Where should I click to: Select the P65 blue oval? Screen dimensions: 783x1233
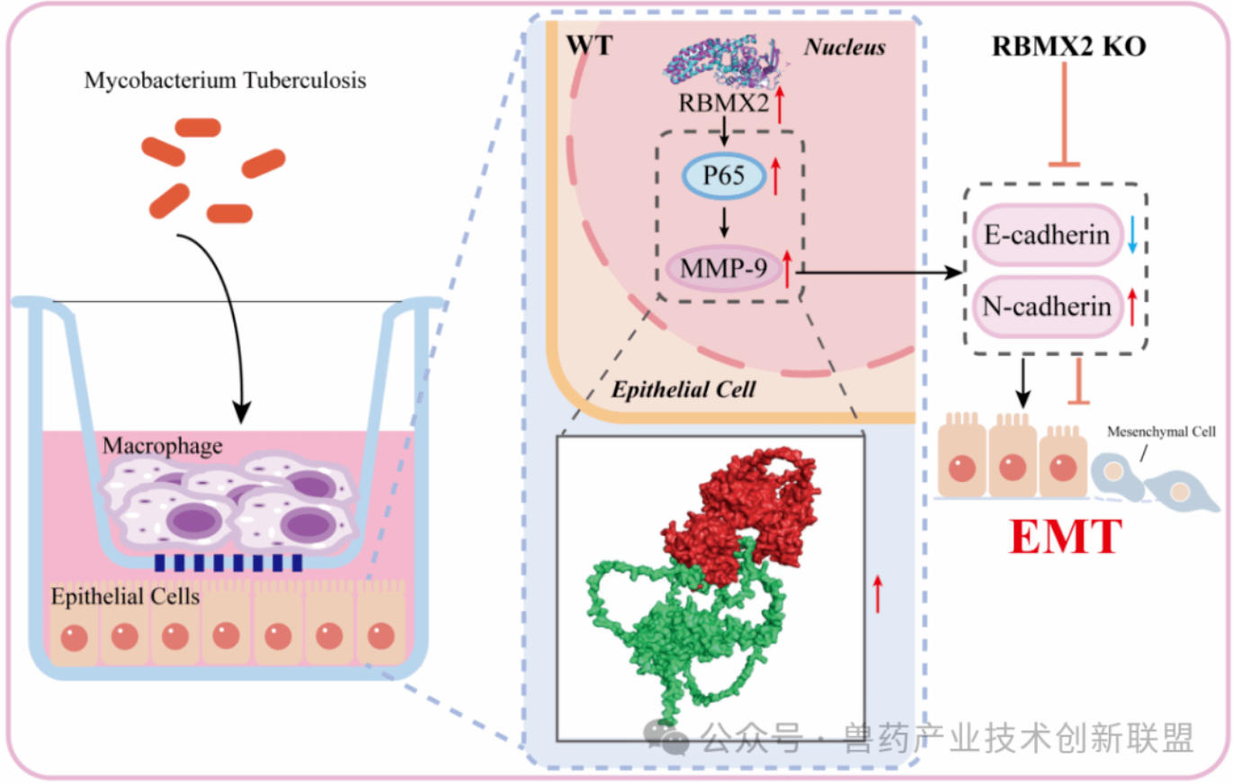(724, 176)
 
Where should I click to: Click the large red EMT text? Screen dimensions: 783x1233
(1066, 537)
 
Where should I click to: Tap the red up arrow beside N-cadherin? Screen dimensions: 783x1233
(1132, 308)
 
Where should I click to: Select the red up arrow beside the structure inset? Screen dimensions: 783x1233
(880, 594)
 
